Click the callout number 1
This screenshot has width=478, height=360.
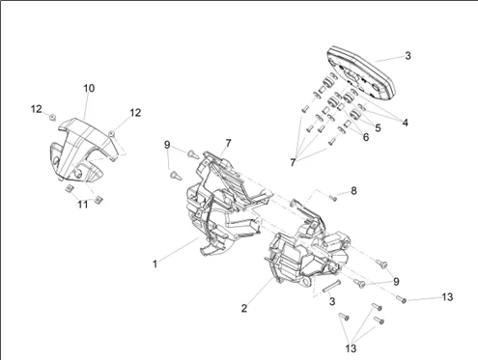(155, 264)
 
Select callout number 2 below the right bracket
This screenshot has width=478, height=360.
(244, 308)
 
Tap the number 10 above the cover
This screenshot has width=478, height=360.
(89, 88)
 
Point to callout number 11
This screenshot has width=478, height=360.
(83, 204)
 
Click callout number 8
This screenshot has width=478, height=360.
(353, 191)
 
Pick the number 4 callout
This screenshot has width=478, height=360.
(406, 123)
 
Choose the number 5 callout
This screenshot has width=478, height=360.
(378, 127)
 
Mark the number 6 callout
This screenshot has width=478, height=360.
(366, 137)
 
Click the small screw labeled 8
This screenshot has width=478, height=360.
(333, 198)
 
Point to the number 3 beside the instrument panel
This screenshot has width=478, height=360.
(408, 56)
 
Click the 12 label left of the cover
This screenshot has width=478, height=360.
(37, 109)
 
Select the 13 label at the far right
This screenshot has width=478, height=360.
(447, 296)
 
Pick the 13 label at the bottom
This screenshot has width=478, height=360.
(351, 348)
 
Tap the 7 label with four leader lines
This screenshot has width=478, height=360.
(293, 163)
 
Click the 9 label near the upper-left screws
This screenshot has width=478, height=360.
(167, 145)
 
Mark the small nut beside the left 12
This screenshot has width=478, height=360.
(52, 117)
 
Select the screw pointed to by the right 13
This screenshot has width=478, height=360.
(402, 299)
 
